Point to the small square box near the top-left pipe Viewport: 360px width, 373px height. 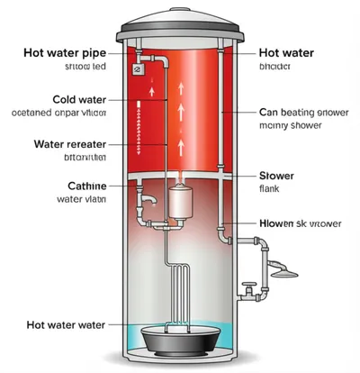[137, 68]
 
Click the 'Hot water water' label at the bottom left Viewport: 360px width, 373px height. [65, 324]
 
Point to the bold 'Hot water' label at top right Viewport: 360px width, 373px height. [285, 53]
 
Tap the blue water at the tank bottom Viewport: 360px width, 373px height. [135, 335]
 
